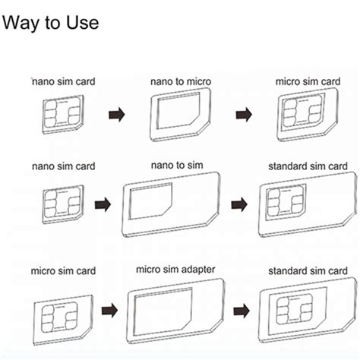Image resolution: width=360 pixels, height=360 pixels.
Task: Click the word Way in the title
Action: tap(21, 23)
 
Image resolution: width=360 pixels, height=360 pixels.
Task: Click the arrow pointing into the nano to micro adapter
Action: tap(115, 115)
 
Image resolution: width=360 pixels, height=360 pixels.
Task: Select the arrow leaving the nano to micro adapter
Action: tap(243, 115)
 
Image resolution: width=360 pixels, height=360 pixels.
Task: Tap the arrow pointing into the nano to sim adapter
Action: tap(103, 204)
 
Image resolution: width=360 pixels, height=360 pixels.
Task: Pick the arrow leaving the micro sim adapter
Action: tap(242, 310)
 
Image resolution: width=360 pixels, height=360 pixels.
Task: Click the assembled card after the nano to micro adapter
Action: tap(305, 116)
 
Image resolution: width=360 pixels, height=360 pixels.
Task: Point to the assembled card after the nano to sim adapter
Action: tap(307, 202)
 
